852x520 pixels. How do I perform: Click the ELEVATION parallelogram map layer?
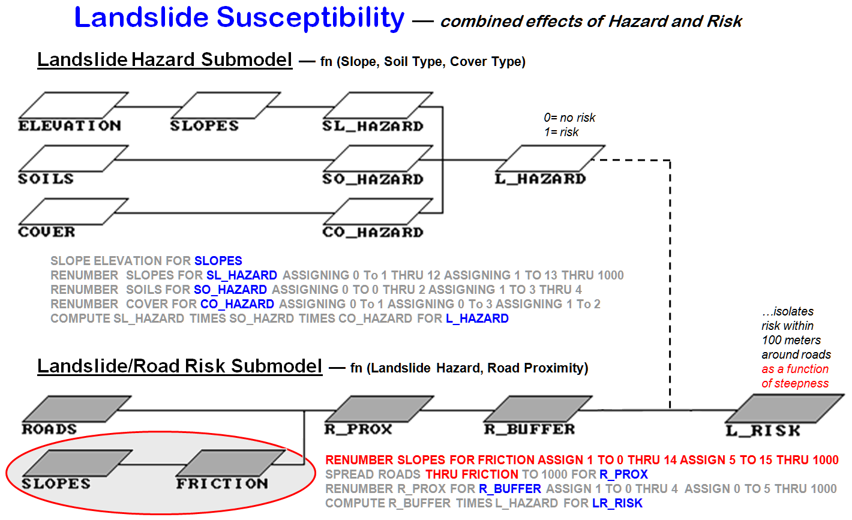point(73,106)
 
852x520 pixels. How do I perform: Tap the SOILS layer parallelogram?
point(73,158)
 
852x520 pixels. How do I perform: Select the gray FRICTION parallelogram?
point(230,462)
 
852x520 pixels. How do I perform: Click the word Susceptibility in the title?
point(310,17)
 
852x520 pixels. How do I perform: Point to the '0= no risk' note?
point(569,118)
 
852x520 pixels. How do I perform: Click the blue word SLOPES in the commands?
point(218,261)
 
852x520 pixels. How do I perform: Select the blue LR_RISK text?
point(617,503)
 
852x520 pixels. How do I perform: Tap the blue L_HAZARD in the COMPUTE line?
point(477,318)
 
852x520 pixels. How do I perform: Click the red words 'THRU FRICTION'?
point(472,474)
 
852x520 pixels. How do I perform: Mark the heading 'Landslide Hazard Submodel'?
point(164,59)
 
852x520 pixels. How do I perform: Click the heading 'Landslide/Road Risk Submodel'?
point(179,366)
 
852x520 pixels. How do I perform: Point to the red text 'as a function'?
point(794,369)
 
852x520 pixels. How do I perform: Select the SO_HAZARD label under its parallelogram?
point(373,179)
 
